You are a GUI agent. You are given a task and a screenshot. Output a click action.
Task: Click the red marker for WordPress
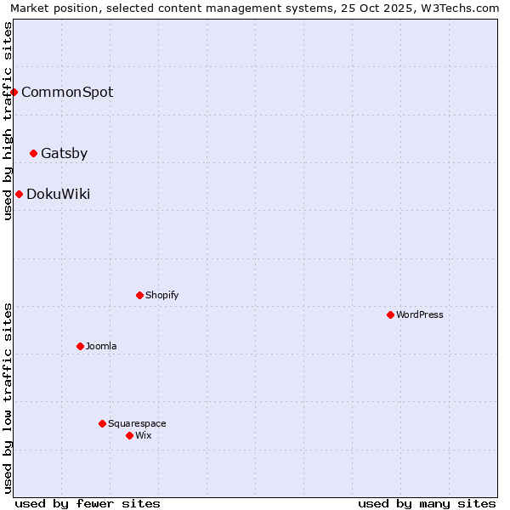[390, 314]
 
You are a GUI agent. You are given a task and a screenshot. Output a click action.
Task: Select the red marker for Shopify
[139, 295]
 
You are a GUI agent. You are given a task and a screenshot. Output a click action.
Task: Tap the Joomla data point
[80, 346]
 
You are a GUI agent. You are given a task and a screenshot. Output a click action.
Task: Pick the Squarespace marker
[102, 423]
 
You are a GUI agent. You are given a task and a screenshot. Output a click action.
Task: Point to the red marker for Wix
[129, 435]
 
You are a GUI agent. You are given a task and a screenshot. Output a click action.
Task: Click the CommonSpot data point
[14, 92]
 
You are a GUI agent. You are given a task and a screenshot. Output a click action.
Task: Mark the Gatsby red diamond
[33, 153]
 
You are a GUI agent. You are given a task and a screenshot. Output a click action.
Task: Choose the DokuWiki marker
[19, 194]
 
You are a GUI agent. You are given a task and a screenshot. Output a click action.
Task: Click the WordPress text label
[420, 315]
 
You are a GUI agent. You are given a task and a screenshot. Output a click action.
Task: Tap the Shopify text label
[162, 296]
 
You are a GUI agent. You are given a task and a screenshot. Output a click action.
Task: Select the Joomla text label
[101, 347]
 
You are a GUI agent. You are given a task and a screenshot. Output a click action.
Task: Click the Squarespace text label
[137, 424]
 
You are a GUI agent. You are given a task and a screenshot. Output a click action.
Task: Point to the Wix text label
[144, 436]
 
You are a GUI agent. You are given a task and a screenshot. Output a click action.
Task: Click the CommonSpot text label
[67, 93]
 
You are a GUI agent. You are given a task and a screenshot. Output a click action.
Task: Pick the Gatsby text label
[64, 154]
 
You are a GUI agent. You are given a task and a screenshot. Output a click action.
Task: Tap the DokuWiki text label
[58, 195]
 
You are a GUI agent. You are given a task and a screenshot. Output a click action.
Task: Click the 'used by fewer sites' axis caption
[88, 503]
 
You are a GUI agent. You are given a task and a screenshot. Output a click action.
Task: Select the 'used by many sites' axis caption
[427, 503]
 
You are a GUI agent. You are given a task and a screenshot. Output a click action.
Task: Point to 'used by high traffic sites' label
[8, 121]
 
